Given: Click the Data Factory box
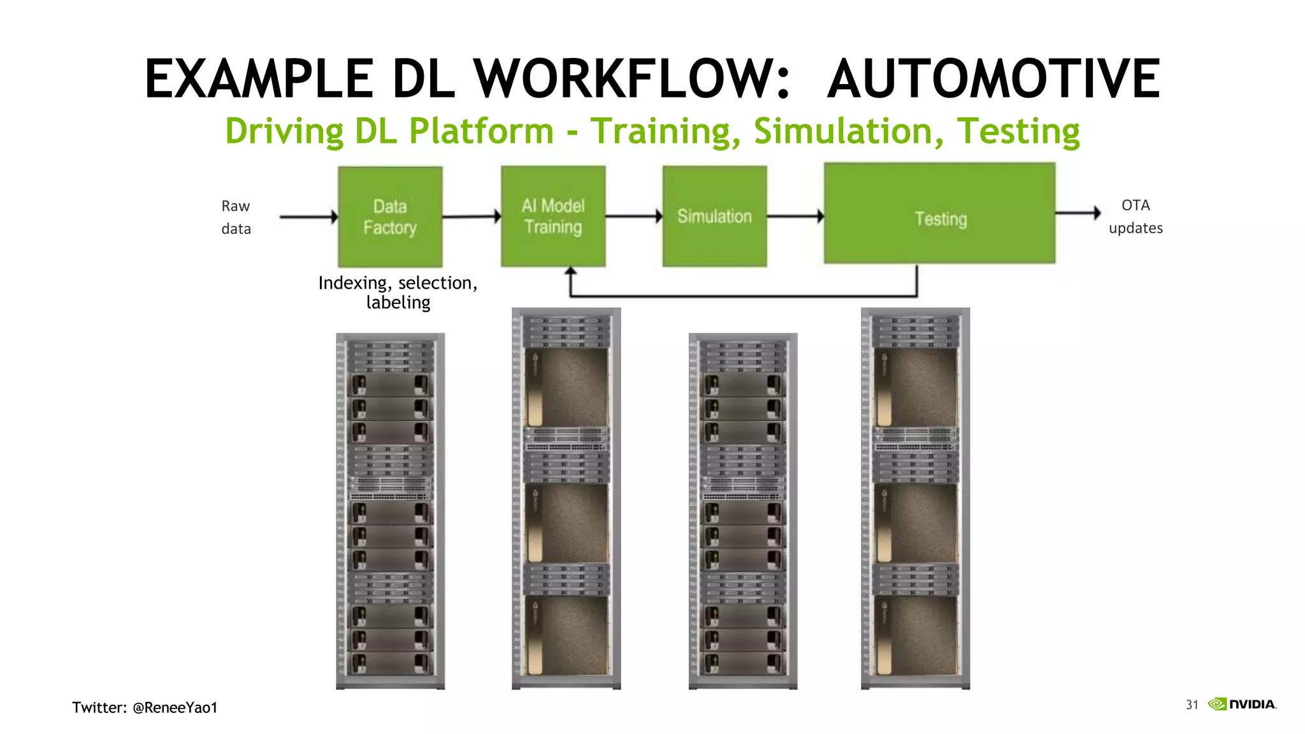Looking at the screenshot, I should [x=390, y=217].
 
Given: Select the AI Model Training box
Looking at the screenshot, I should [x=553, y=216].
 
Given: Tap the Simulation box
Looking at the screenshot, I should [x=714, y=216].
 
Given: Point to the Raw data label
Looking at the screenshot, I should [x=236, y=217].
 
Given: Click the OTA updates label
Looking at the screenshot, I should [x=1135, y=217].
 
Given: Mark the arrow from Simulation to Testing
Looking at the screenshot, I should [x=795, y=217].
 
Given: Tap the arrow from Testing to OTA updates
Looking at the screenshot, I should [x=1078, y=213].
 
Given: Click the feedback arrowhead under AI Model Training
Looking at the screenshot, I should [x=571, y=272].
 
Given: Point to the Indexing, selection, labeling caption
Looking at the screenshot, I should [x=398, y=292].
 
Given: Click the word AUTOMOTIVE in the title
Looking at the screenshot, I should [x=993, y=79].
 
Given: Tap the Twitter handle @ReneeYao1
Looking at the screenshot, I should [x=175, y=707].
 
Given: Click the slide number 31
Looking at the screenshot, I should [x=1192, y=705].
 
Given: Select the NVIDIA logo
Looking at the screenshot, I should [x=1243, y=704].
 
